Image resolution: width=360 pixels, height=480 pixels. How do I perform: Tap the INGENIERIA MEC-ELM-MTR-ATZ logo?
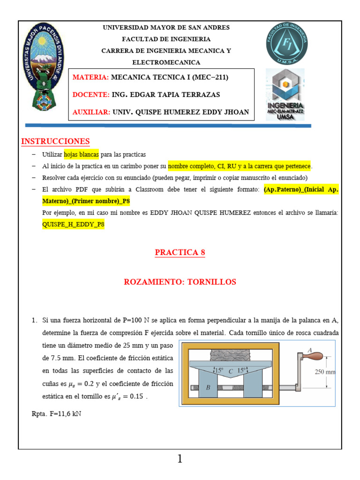click(x=285, y=95)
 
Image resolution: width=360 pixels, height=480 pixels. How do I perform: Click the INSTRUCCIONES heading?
click(x=55, y=141)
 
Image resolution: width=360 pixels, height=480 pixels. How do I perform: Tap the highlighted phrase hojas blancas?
click(x=85, y=154)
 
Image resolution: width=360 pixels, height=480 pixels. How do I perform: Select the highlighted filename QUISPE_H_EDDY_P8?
click(x=73, y=225)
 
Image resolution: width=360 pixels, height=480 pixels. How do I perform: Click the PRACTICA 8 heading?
click(x=180, y=253)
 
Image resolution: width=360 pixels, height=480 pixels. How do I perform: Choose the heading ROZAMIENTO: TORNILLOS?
click(x=180, y=282)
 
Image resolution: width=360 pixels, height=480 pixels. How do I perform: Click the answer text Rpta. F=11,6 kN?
click(x=54, y=414)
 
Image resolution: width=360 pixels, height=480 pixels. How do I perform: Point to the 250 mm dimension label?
click(x=324, y=372)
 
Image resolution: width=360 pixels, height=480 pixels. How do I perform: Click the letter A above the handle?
click(x=309, y=350)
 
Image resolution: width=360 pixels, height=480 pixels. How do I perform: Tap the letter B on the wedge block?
click(x=208, y=387)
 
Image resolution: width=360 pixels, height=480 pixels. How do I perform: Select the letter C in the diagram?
click(x=230, y=371)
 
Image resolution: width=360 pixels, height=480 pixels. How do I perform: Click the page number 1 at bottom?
click(x=180, y=459)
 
